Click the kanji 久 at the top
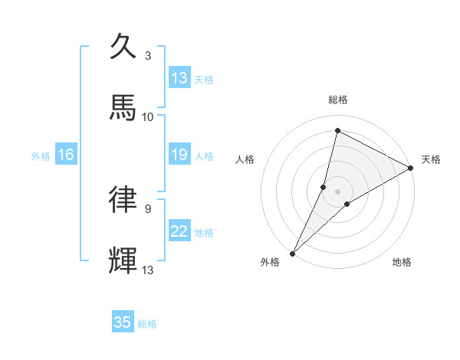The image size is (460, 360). (123, 46)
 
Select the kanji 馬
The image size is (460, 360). (123, 108)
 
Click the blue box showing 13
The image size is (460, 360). (179, 78)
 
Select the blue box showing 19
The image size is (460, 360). (179, 155)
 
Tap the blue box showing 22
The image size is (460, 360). (179, 232)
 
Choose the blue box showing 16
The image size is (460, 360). (66, 155)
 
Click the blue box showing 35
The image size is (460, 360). (123, 322)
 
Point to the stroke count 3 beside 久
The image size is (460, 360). (148, 55)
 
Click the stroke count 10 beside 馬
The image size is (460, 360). (148, 116)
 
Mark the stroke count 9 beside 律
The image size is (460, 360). (148, 208)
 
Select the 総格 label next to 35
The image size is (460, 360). (147, 324)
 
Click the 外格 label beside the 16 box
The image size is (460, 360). (41, 156)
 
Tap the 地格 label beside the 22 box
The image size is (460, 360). (204, 233)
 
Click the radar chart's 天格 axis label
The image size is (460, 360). (432, 159)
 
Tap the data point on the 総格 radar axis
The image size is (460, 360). (337, 130)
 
